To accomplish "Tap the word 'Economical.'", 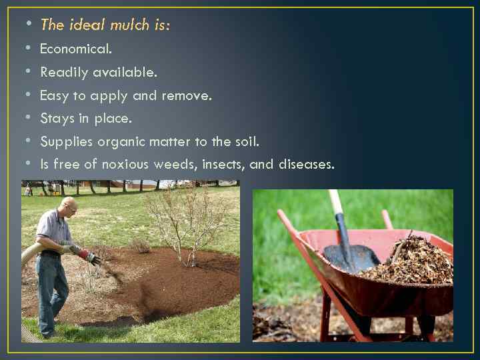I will click(x=76, y=49).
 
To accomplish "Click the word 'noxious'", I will click(x=125, y=165).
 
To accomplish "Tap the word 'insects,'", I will click(x=221, y=165).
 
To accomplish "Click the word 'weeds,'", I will click(x=175, y=165).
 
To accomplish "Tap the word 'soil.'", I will click(x=244, y=141).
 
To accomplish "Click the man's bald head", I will click(x=68, y=204).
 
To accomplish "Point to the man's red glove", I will click(x=86, y=255).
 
